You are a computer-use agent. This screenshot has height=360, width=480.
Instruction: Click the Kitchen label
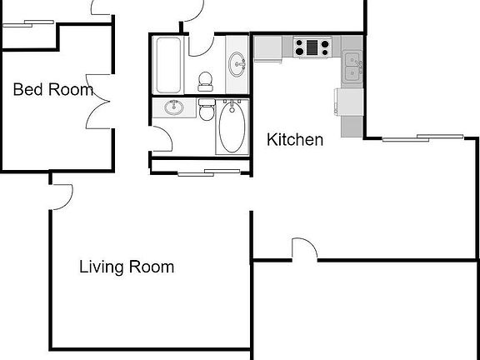click(294, 140)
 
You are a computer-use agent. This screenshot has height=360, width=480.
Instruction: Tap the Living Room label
click(127, 267)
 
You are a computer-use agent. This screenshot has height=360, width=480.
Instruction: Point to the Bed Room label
click(52, 90)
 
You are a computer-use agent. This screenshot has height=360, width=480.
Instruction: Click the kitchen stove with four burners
click(312, 47)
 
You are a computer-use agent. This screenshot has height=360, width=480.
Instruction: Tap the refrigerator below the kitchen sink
click(349, 102)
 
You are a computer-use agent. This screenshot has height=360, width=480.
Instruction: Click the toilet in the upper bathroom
click(205, 79)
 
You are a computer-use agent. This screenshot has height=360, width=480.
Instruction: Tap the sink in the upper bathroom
click(237, 62)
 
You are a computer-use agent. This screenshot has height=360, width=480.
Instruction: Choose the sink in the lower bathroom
click(175, 107)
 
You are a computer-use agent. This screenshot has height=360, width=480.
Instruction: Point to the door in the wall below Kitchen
click(304, 250)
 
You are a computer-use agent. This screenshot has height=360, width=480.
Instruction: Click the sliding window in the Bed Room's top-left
click(27, 24)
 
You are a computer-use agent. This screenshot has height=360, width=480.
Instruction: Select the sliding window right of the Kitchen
click(422, 137)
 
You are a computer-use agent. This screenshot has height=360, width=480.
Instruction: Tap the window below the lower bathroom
click(207, 172)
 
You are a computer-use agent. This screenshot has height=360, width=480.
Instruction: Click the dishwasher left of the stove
click(268, 48)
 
